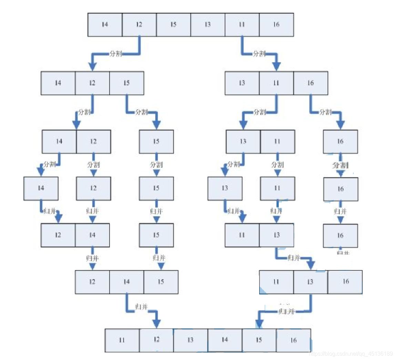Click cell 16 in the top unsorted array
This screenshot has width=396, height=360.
tap(276, 24)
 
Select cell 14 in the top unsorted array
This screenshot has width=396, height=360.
tap(105, 24)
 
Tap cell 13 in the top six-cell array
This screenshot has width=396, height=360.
tap(207, 24)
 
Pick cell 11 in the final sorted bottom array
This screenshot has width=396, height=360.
tap(122, 340)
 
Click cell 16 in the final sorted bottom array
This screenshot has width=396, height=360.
tap(293, 340)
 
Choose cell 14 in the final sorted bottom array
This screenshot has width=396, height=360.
tap(225, 340)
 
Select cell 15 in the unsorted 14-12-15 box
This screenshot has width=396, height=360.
tap(126, 83)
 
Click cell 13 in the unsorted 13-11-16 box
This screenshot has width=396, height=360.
tap(242, 83)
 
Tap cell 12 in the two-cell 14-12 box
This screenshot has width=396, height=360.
tap(93, 141)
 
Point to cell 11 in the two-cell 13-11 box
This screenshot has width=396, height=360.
tap(277, 141)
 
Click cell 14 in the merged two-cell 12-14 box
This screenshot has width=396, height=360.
tap(92, 235)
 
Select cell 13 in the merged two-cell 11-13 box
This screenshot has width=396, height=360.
tap(276, 235)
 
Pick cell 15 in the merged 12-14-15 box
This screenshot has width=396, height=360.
tap(161, 282)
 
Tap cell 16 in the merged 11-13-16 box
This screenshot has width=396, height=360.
tap(345, 282)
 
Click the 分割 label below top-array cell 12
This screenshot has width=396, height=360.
tap(116, 54)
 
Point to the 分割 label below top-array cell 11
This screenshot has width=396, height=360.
tap(259, 54)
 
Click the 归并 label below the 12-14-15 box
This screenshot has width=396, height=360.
tap(142, 307)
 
